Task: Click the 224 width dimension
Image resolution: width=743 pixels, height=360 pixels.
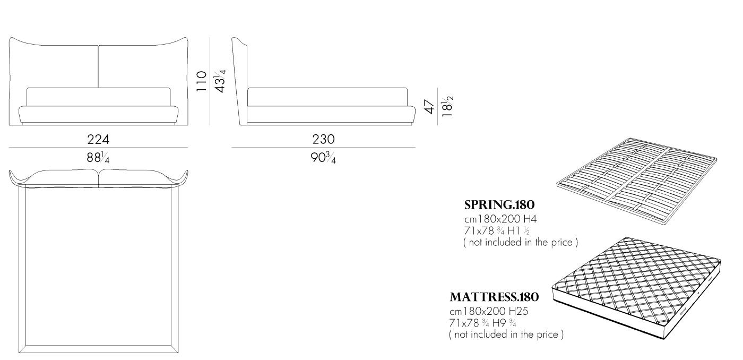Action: [98, 139]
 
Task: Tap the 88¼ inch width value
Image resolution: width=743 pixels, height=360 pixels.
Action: [98, 157]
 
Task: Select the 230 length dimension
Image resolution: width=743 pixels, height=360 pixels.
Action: [323, 139]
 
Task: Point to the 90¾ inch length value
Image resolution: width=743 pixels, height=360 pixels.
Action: [323, 158]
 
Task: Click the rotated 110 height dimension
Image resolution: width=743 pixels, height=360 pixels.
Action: [202, 81]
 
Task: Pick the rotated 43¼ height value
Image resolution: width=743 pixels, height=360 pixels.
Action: [220, 81]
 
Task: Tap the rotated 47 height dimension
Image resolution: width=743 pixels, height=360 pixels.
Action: [429, 107]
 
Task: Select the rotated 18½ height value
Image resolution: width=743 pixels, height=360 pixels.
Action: [447, 106]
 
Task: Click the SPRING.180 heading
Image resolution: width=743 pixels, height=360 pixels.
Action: [499, 205]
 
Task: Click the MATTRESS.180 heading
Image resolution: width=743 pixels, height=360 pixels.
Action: [494, 297]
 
